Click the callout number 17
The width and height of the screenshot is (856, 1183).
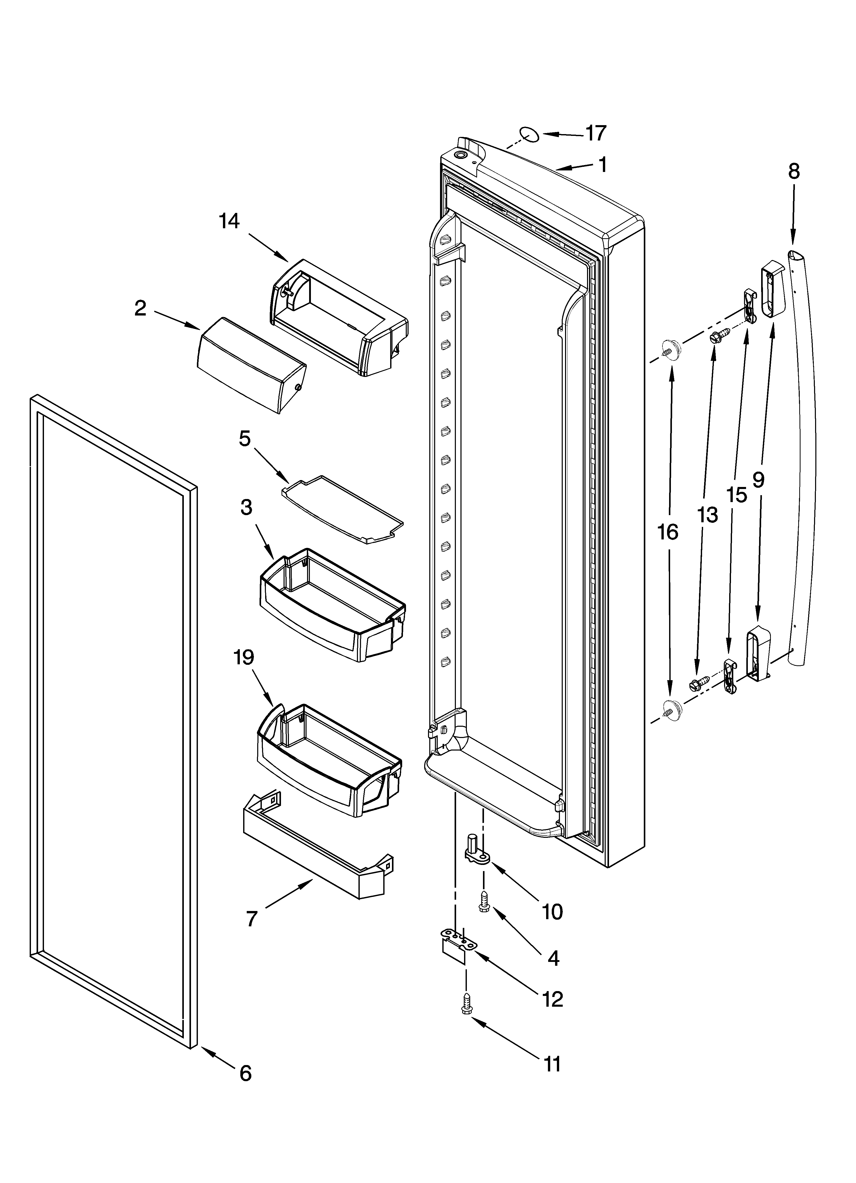(x=596, y=134)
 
